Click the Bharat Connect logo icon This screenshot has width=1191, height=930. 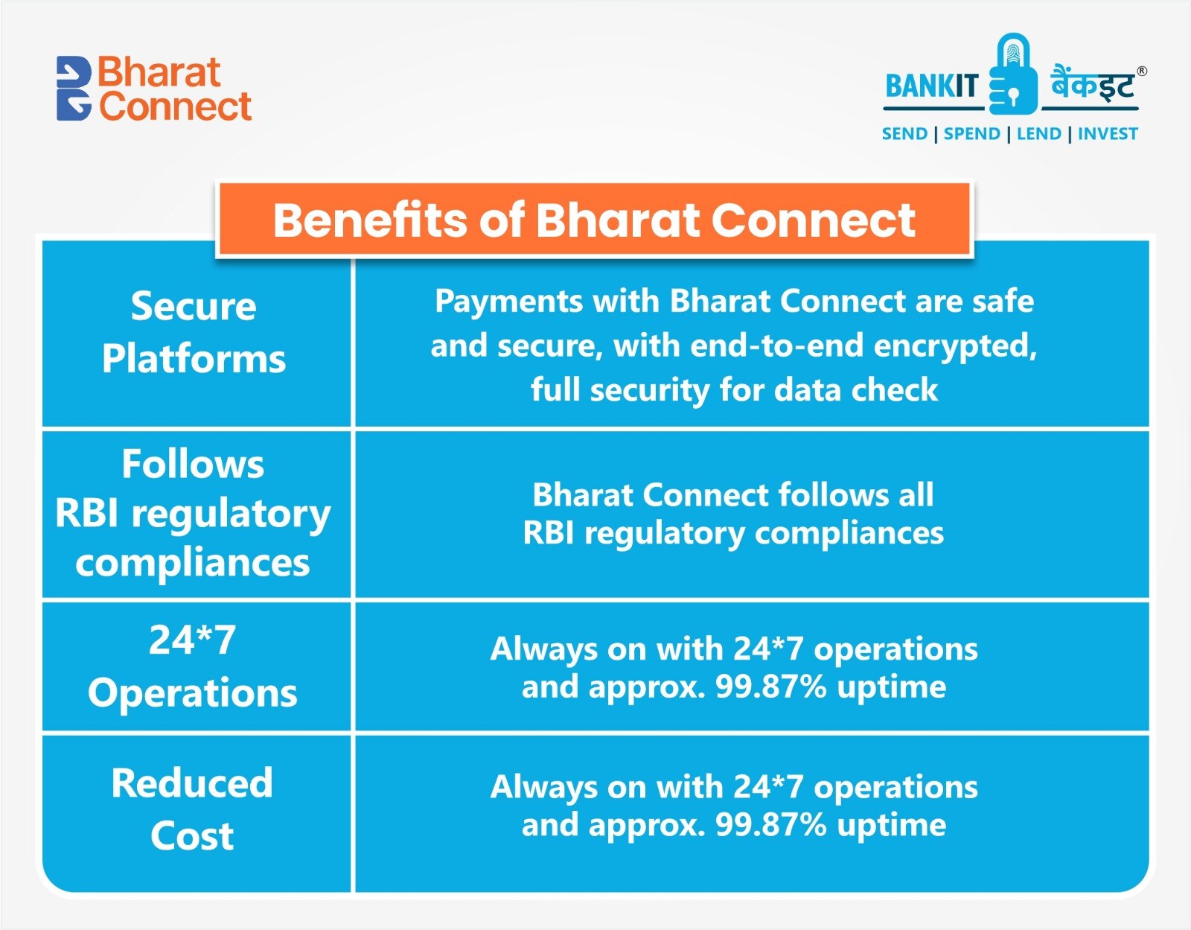click(x=74, y=89)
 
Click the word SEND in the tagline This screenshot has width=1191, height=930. click(x=904, y=134)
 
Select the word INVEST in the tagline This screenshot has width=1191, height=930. click(x=1108, y=134)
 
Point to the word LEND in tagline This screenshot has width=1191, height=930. click(x=1038, y=134)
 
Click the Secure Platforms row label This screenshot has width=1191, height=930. click(x=194, y=332)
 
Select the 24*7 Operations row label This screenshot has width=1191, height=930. click(x=192, y=666)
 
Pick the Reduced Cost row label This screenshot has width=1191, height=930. click(x=192, y=809)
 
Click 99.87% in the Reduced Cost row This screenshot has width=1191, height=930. click(x=770, y=825)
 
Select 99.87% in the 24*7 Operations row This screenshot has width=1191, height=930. click(x=770, y=687)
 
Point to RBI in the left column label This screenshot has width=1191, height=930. click(x=86, y=514)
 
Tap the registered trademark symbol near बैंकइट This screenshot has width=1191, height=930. click(x=1142, y=71)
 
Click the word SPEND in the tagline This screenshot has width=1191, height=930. click(x=971, y=134)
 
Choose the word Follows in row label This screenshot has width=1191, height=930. click(x=193, y=465)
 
